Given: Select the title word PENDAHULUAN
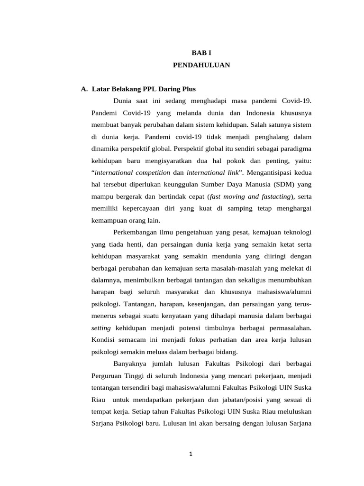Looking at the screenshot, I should tap(201, 65).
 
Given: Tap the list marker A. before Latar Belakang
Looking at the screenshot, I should tap(84, 89).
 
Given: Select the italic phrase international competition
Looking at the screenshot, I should tap(126, 172).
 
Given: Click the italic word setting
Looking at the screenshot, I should tap(101, 328).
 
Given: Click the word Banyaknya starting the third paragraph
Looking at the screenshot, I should tap(131, 364).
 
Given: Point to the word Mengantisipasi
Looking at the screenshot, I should tap(270, 172).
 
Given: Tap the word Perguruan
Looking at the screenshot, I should tap(107, 376).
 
